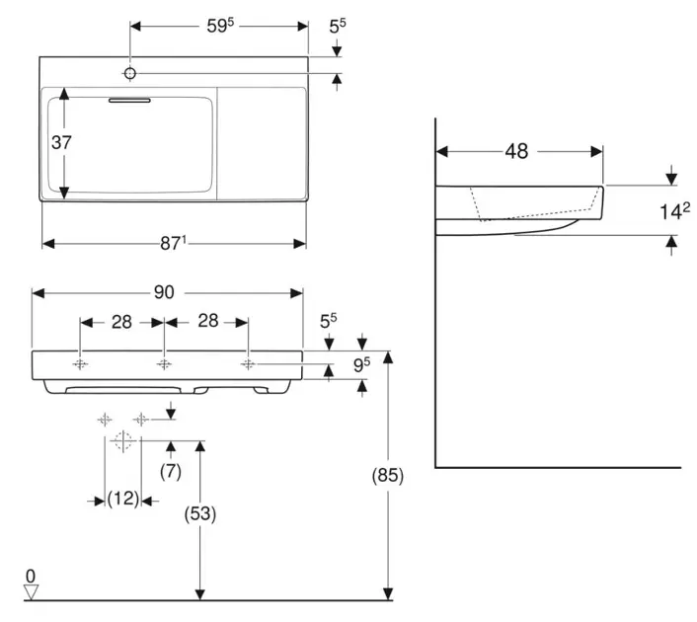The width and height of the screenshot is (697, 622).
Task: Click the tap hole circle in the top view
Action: coord(130,73)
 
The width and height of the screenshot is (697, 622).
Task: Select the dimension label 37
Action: coord(62,142)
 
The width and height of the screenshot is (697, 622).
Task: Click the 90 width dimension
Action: coord(164,292)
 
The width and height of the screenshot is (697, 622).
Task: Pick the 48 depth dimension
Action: coord(516,151)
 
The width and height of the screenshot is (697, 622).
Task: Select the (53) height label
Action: coord(200,513)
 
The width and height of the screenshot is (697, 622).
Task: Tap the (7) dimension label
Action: coord(171,472)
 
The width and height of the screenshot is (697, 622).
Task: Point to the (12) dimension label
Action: coord(123,500)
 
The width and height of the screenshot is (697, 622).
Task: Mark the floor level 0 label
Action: coord(31,574)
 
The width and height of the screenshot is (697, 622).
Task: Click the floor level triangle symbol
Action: coord(32,591)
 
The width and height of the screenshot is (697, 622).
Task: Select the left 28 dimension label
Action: coord(121,322)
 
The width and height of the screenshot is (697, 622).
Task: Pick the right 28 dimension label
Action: coord(206,322)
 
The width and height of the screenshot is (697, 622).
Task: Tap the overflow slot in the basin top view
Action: coord(129,99)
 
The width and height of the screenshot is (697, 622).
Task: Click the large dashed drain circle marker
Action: coord(122,440)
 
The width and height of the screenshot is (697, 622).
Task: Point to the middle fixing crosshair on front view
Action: coord(164,364)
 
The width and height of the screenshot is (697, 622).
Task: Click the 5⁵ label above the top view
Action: coord(338,26)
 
